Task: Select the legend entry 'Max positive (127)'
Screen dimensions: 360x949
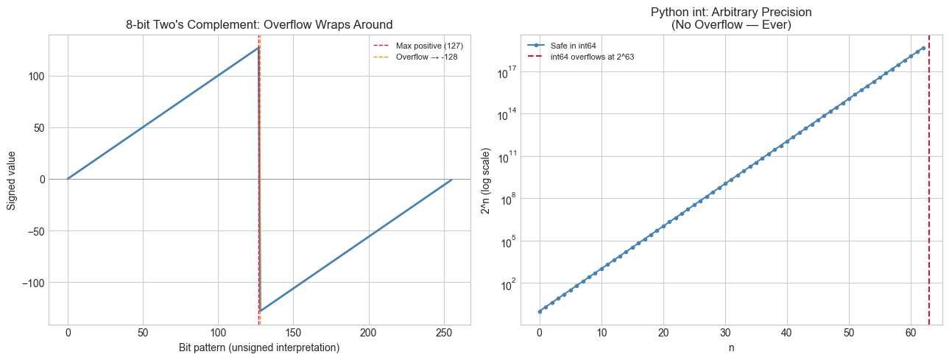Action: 434,46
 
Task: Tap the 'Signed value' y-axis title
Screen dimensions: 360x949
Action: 12,179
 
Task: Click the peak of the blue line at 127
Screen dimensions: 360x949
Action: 258,48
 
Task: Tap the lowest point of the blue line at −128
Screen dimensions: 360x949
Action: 260,311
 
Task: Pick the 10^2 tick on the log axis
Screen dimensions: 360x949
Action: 512,283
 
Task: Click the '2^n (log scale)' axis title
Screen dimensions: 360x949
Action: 487,179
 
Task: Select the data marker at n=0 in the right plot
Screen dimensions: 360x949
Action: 540,311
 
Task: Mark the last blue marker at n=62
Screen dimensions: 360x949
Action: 923,48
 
